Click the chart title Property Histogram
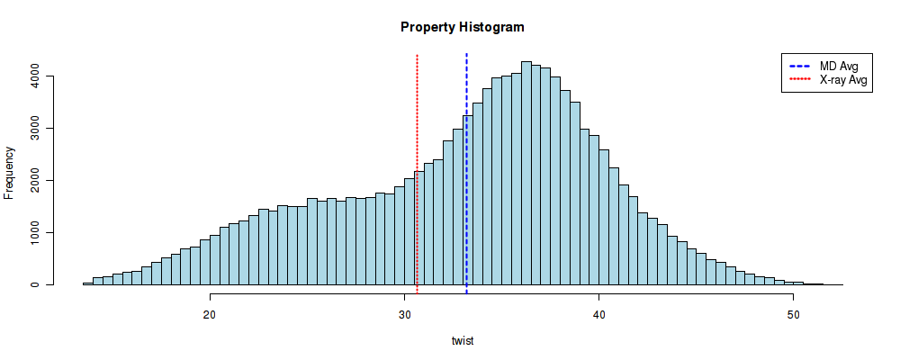coord(462,27)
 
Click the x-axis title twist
coord(462,341)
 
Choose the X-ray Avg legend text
coord(843,80)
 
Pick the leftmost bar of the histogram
coord(87,283)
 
